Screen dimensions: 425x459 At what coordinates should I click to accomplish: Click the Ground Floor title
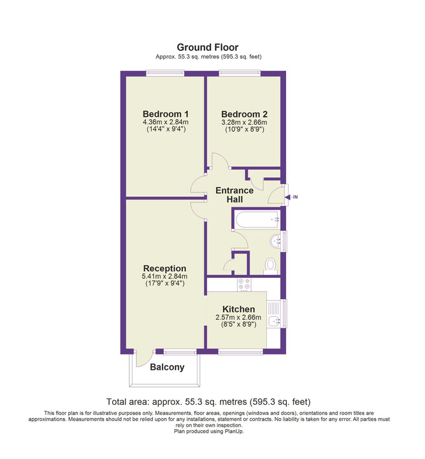point(207,47)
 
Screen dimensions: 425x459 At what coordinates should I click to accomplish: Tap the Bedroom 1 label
point(166,114)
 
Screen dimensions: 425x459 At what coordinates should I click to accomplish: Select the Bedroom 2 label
point(244,114)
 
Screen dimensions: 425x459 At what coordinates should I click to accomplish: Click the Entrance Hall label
point(234,195)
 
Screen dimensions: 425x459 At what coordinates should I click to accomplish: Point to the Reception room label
point(164,268)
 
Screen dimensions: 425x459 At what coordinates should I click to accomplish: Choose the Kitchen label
point(238,309)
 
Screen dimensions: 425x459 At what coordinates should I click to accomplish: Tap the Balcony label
point(167,367)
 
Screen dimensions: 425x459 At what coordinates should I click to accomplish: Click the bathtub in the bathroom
point(257,219)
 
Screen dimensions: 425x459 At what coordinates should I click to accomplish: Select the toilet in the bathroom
point(271,266)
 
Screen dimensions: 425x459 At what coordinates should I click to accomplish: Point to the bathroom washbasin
point(275,242)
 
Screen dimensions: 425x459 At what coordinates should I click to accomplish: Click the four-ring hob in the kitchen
point(244,284)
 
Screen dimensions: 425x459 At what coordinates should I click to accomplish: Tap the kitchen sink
point(274,321)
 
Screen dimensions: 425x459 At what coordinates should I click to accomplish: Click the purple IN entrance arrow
point(291,197)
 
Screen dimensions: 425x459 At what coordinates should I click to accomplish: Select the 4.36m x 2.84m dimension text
point(166,122)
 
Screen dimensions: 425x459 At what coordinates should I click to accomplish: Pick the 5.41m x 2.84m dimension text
point(164,276)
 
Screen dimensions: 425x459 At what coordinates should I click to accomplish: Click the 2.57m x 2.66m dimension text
point(238,317)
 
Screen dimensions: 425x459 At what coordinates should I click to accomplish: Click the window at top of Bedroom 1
point(165,73)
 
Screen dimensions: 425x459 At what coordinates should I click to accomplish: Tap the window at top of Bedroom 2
point(240,73)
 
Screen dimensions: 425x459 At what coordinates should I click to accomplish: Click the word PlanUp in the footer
point(234,432)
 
